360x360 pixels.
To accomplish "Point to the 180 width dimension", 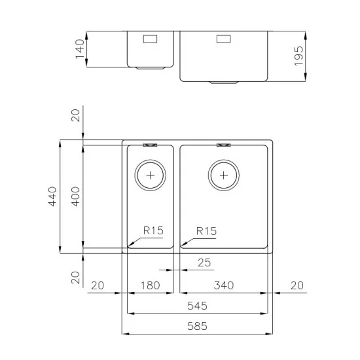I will click(151, 285).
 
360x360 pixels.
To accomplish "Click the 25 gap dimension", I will click(204, 263).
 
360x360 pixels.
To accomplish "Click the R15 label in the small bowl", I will click(153, 230).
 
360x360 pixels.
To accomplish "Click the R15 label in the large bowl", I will click(206, 230).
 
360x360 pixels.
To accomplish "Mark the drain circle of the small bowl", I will click(151, 175).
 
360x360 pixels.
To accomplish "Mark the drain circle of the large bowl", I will click(224, 175).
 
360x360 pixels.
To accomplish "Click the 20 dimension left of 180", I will click(98, 285).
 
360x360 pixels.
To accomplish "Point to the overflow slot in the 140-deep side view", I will click(150, 38).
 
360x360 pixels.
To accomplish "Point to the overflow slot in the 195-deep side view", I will click(224, 38).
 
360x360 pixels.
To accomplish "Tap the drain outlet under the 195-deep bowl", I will click(224, 82).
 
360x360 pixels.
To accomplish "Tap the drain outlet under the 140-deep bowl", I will click(150, 67).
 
